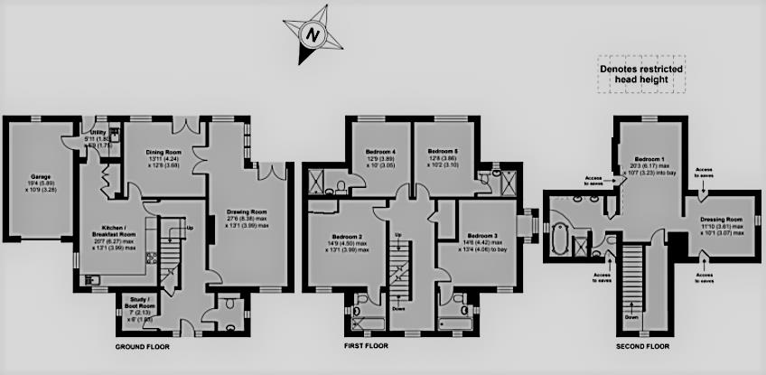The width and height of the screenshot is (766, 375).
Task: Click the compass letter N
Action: pyautogui.click(x=313, y=35)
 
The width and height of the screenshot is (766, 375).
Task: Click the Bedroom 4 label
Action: pyautogui.click(x=380, y=151)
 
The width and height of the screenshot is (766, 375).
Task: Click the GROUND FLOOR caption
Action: pyautogui.click(x=145, y=347)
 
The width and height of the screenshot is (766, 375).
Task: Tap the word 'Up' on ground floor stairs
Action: pyautogui.click(x=189, y=226)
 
